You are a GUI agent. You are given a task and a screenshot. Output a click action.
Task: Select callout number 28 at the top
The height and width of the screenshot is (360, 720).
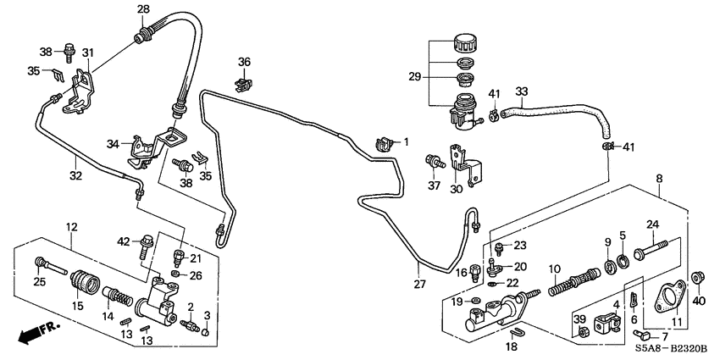coord(142,9)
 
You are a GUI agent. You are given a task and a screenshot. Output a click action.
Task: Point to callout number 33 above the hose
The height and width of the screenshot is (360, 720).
coord(521,91)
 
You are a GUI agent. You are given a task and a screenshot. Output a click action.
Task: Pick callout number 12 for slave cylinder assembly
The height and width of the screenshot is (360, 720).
coord(72,227)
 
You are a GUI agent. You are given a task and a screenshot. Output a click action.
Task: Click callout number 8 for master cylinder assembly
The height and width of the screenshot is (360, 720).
coord(661,179)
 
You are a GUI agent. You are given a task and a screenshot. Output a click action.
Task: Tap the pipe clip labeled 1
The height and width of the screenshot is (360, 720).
coord(381,144)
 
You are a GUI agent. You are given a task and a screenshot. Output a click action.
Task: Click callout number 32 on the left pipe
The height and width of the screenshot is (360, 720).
coord(76,175)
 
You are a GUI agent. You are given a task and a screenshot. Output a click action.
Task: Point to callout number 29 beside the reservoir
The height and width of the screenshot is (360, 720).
coord(415,76)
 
